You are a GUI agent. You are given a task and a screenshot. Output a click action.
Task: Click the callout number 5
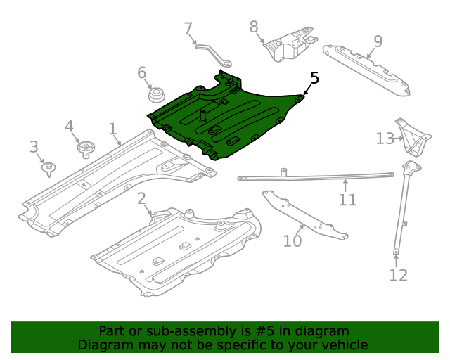pos(314,78)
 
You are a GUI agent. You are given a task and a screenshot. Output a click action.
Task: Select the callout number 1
pos(112,129)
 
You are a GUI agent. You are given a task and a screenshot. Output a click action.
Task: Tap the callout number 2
pos(141,198)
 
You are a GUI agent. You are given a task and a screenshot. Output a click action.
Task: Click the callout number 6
pos(141,72)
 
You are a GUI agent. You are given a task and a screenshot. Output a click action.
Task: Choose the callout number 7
pos(188,29)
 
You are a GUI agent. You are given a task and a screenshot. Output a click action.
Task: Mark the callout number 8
pos(254,27)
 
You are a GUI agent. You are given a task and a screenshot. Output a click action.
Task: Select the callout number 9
pos(378,41)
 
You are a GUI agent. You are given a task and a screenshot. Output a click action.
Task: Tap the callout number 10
pos(292,241)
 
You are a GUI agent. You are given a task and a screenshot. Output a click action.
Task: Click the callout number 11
pos(347,200)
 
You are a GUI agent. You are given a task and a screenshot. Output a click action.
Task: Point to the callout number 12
pos(398,275)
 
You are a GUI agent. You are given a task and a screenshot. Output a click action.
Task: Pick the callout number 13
pos(385,139)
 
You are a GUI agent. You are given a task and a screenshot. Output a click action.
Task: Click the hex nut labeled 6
pos(155,95)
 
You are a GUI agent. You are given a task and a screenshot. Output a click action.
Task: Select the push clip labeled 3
pos(49,169)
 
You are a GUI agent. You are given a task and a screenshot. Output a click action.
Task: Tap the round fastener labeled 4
pos(86,148)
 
